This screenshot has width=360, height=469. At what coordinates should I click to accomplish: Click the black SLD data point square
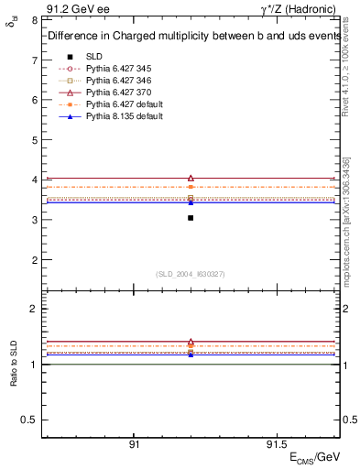191,218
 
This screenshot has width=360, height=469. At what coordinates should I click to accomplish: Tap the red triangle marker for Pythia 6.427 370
191,178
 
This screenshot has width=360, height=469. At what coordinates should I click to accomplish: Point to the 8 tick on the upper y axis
33,19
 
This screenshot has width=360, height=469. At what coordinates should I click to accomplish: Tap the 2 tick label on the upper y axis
33,260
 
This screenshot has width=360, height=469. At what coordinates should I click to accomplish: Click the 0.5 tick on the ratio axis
28,420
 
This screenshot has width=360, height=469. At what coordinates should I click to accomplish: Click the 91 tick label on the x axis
134,444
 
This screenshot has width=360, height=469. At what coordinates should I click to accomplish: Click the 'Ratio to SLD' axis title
13,365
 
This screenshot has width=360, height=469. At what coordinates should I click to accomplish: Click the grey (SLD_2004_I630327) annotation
191,274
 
